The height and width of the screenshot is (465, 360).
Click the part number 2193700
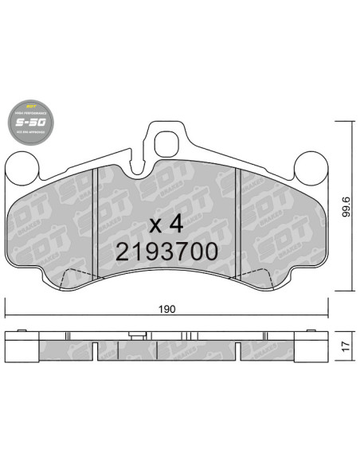[x=166, y=252]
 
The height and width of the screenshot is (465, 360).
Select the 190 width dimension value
[x=166, y=309]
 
